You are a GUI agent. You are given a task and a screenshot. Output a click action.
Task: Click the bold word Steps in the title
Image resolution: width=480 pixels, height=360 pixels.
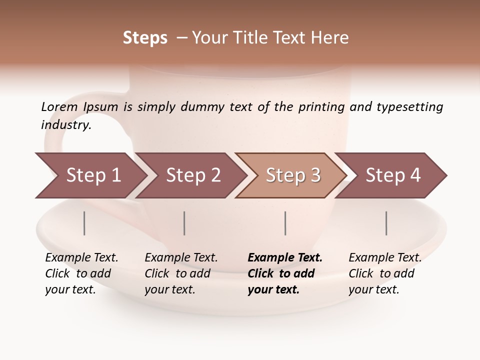click(x=145, y=38)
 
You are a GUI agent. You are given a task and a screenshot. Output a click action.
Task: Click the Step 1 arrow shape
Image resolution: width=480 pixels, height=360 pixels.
click(x=93, y=175)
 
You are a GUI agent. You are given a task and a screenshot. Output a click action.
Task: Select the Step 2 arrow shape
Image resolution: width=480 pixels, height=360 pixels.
click(x=193, y=175)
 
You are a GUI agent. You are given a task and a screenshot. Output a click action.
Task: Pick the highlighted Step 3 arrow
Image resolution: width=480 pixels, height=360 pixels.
click(x=293, y=175)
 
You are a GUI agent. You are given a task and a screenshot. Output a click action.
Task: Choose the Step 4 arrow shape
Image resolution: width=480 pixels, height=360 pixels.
click(x=393, y=175)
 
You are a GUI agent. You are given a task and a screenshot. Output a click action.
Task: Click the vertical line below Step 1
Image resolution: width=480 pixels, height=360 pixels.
click(x=84, y=223)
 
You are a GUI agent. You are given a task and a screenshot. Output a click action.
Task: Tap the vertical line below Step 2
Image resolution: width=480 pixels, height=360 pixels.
click(x=184, y=223)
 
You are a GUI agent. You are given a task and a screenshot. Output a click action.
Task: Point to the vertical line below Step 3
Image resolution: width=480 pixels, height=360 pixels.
click(x=285, y=223)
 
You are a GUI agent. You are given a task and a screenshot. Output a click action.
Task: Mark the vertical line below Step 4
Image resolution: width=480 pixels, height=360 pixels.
click(x=386, y=223)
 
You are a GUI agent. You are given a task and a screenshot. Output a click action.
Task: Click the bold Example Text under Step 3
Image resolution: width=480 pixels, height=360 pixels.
click(x=285, y=258)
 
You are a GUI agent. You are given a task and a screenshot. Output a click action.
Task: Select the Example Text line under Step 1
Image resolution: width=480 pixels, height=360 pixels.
click(x=81, y=258)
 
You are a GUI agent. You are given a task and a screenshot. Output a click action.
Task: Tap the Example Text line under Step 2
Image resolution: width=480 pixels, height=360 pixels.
click(x=181, y=258)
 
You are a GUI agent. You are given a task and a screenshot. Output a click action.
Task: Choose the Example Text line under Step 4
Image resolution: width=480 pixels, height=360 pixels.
click(x=385, y=258)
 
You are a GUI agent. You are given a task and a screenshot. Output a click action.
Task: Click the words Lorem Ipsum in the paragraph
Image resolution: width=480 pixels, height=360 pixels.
click(x=79, y=107)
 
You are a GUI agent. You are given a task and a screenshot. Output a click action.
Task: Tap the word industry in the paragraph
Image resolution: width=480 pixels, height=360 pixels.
click(x=65, y=125)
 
